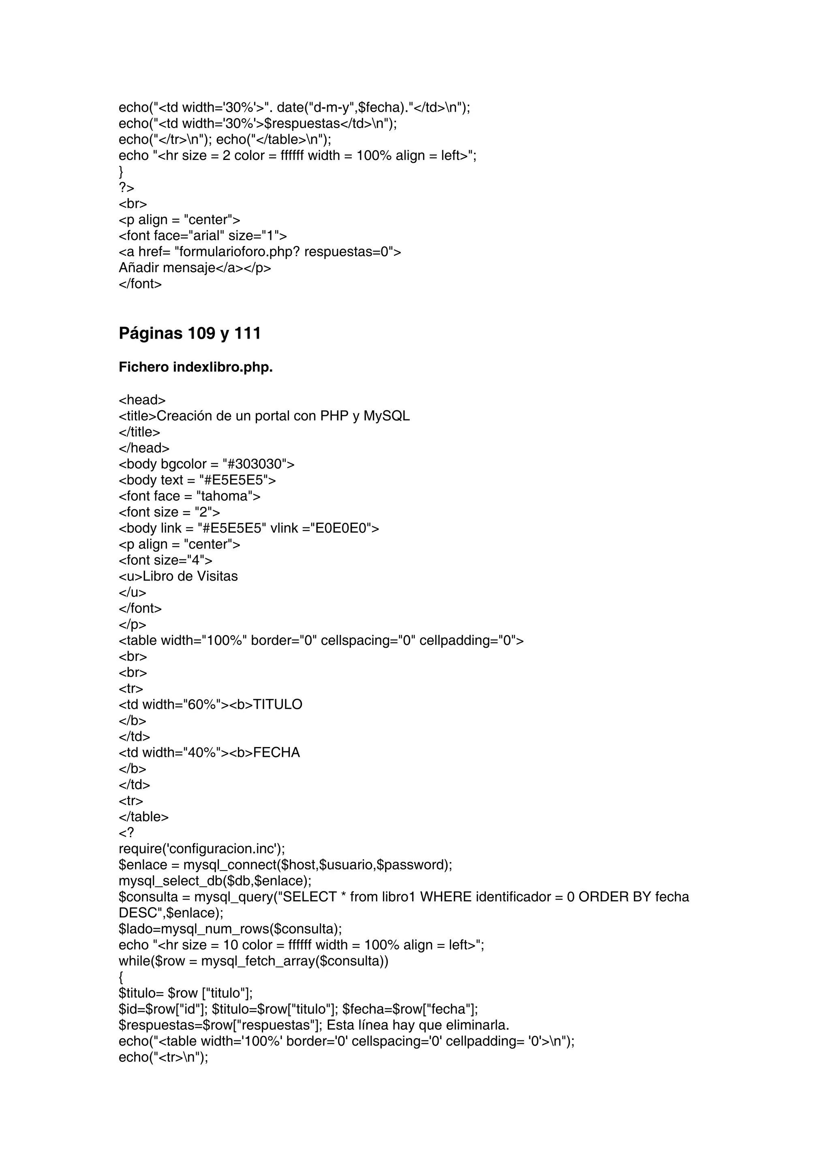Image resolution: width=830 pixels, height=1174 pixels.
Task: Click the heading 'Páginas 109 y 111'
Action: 190,333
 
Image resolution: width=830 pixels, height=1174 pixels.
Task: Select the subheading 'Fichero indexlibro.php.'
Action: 195,367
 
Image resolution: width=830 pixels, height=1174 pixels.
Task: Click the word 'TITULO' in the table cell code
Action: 278,704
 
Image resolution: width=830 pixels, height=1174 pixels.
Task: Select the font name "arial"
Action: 207,236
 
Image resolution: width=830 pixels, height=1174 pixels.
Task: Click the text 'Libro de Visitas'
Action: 190,576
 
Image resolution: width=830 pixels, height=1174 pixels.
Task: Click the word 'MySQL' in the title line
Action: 387,416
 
